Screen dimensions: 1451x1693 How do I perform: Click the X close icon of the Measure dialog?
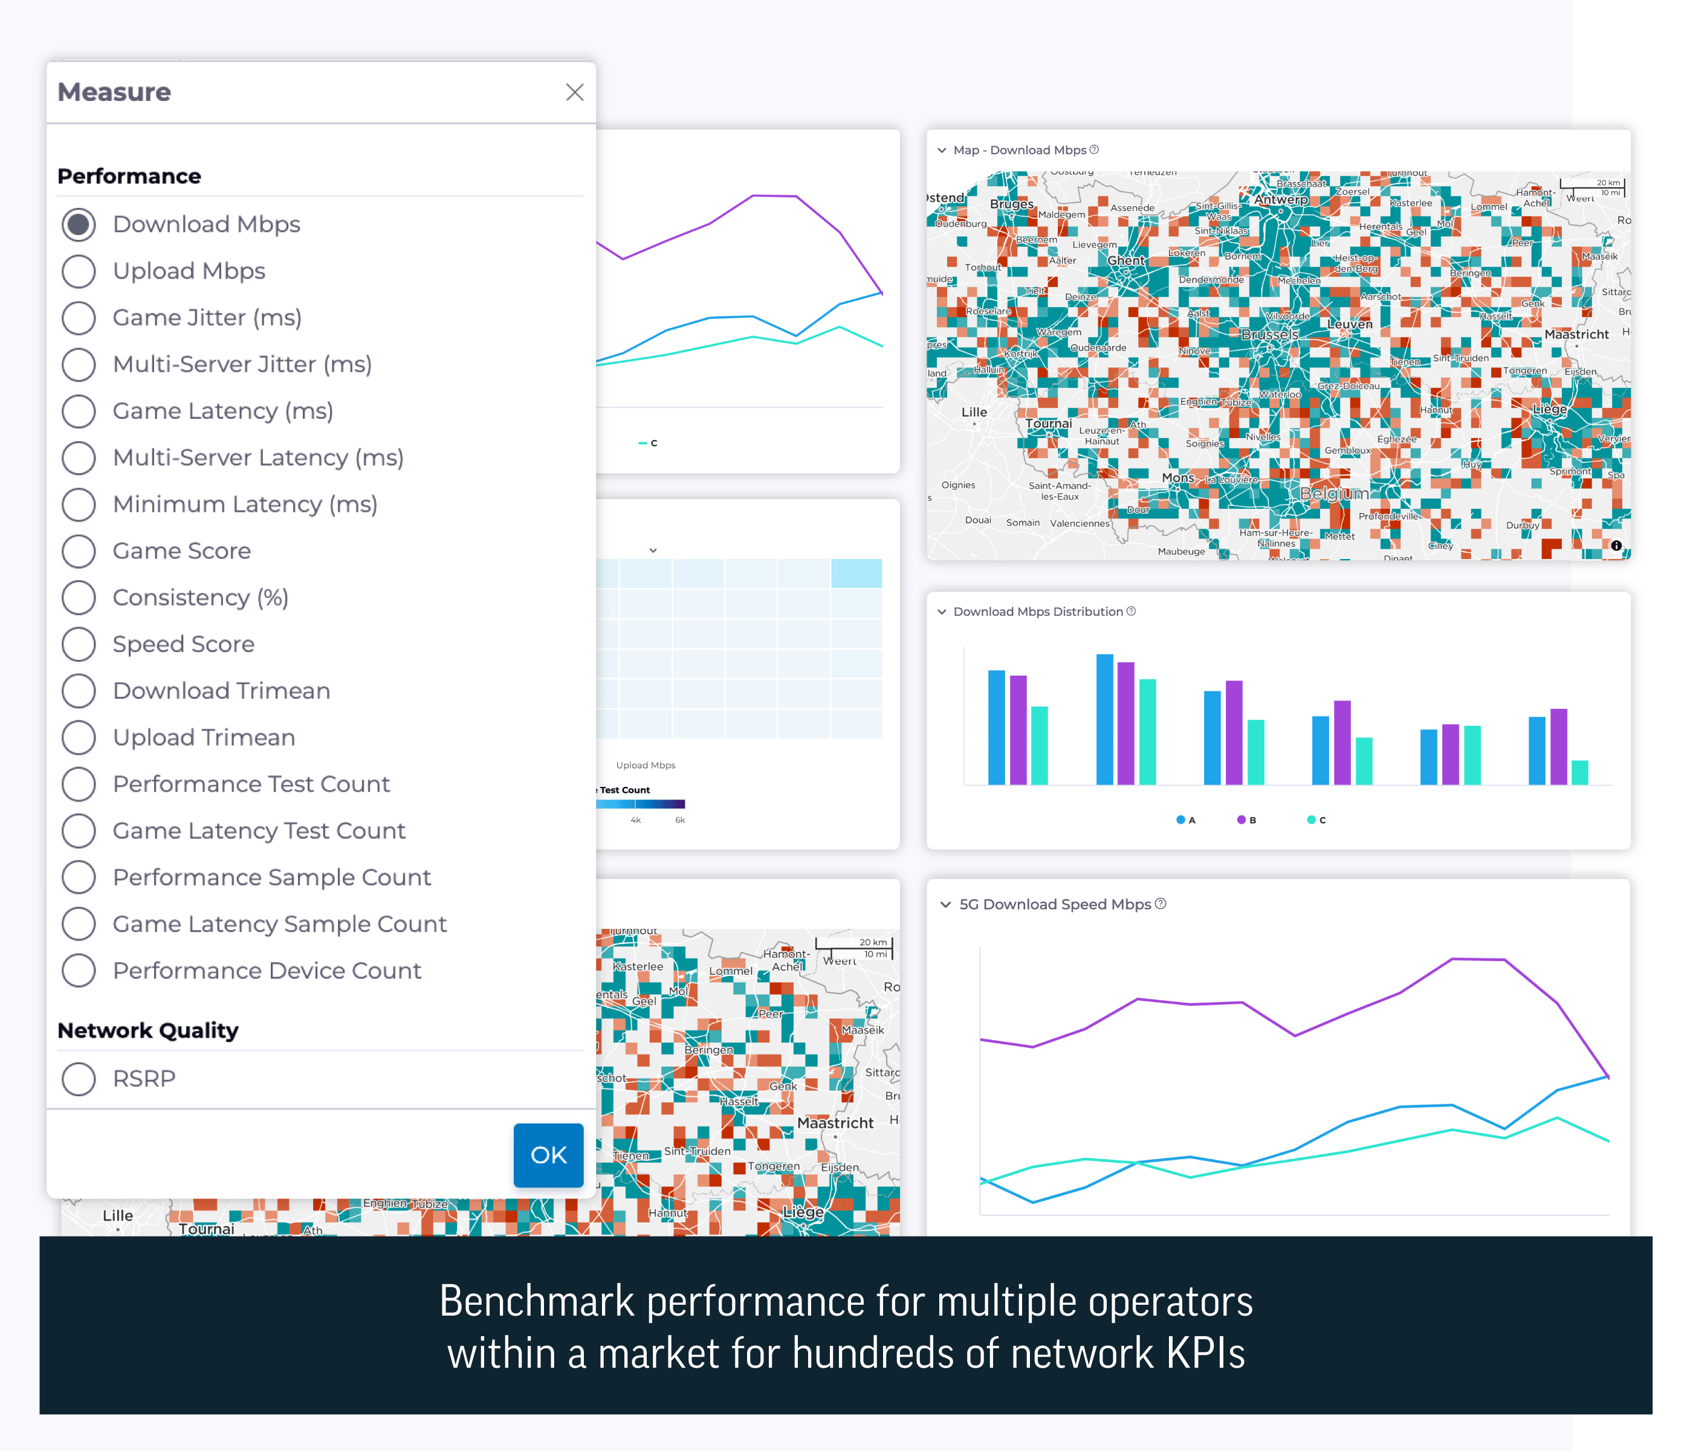click(574, 92)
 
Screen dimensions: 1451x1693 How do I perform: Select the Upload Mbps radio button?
click(79, 271)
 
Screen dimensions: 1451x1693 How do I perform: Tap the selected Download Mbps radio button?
click(79, 225)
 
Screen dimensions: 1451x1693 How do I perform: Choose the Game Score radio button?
click(79, 551)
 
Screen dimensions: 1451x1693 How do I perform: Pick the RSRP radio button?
click(79, 1079)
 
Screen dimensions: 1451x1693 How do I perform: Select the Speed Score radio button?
click(79, 644)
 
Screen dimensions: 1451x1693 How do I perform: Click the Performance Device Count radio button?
click(79, 971)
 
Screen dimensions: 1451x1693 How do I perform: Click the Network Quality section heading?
click(148, 1030)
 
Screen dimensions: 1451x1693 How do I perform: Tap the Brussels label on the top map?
click(1269, 334)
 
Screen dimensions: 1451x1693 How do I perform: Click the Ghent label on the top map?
click(1126, 260)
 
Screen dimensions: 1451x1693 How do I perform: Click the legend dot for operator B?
click(1241, 819)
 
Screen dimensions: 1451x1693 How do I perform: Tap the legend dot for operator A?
click(1180, 819)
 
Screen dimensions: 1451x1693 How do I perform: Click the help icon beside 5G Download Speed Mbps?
click(1161, 903)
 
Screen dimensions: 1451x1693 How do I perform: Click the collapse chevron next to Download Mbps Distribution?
click(942, 612)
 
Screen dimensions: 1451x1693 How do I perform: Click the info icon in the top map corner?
click(1616, 545)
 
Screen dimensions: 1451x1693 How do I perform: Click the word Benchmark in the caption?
click(536, 1302)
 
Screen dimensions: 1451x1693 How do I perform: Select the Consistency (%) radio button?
click(79, 597)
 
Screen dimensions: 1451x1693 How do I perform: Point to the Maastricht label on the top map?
click(1576, 334)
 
